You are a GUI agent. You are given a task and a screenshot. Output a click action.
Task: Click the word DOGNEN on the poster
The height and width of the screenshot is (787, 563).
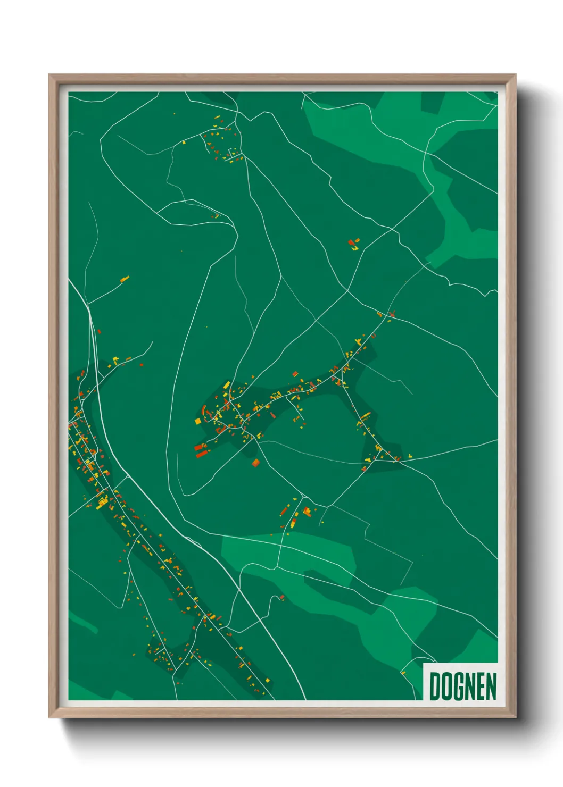point(462,686)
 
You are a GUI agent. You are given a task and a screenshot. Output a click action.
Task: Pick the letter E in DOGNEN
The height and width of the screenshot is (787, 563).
point(481,686)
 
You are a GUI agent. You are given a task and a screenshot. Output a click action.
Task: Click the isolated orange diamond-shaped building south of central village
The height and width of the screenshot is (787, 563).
point(256,463)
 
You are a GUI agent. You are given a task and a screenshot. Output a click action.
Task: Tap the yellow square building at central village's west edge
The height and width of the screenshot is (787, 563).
point(198,421)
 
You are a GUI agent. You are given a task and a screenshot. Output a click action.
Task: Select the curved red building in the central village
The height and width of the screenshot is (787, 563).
point(204,410)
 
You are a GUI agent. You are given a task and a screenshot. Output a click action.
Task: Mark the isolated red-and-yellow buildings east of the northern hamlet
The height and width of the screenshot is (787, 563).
point(353,244)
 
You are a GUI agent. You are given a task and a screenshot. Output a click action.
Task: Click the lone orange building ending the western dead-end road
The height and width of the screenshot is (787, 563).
point(125,279)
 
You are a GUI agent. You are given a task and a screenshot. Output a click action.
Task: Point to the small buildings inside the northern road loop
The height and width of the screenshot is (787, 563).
point(215,216)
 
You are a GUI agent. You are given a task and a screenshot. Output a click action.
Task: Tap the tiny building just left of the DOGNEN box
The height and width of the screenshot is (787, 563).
point(403,673)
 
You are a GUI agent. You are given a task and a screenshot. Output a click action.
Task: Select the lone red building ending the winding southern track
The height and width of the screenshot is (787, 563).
point(282,598)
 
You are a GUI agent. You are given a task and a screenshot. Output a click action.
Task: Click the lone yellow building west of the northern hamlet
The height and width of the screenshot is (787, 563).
point(184,142)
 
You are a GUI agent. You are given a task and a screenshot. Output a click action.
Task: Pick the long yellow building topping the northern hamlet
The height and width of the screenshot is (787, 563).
point(217,118)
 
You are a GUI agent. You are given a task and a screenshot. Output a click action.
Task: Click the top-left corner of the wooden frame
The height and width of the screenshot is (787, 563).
point(49,75)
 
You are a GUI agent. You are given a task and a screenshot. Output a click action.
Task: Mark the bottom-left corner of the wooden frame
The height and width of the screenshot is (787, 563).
point(49,717)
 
